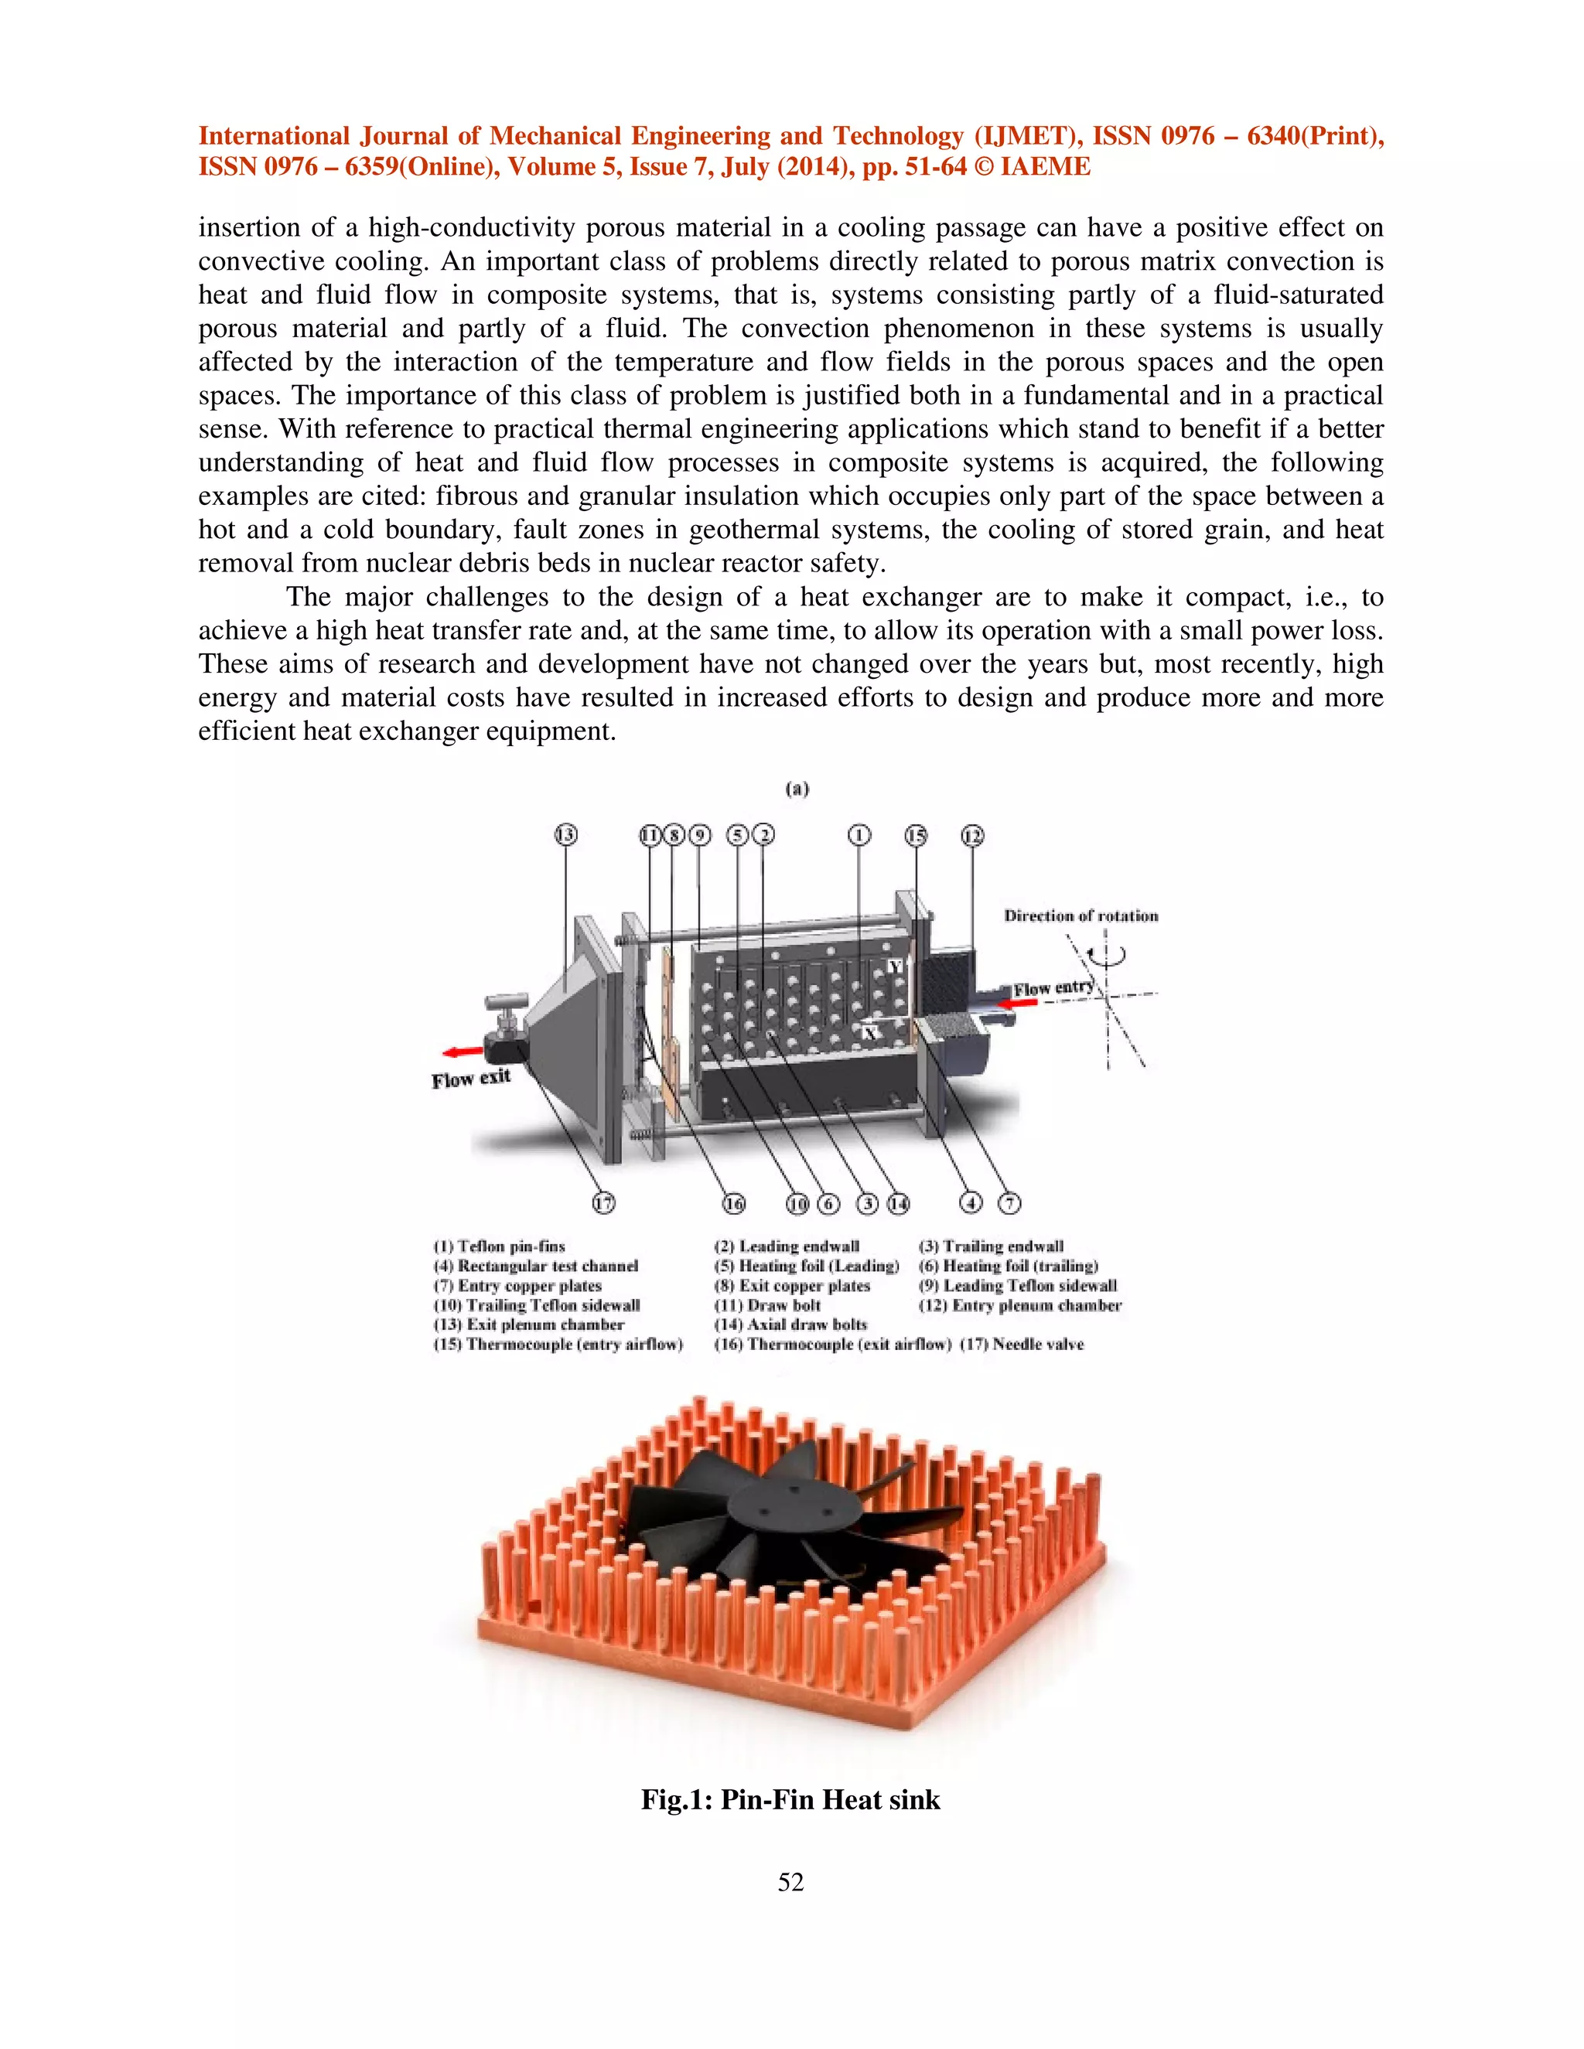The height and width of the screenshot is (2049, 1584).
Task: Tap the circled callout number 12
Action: (972, 835)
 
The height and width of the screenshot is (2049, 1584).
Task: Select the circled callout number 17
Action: (603, 1203)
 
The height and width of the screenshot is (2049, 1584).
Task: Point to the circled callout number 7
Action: (1009, 1203)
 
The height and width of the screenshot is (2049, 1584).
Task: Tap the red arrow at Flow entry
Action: (1017, 1003)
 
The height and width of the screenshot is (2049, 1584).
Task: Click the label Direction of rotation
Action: (1081, 915)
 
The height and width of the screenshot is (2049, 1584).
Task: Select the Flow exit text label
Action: (471, 1078)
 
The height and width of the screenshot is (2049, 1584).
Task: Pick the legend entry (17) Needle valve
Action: (1022, 1345)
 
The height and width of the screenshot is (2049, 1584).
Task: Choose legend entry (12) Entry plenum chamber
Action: (1020, 1305)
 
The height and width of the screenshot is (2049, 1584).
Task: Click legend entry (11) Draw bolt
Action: (767, 1305)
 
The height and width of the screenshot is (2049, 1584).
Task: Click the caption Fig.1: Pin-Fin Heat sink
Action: (790, 1799)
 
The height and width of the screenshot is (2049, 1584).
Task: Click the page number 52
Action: (790, 1881)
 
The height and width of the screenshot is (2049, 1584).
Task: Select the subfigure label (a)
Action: (797, 789)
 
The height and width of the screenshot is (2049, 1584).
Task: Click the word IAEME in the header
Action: (1046, 167)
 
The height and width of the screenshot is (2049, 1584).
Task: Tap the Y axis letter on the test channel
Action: (894, 967)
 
